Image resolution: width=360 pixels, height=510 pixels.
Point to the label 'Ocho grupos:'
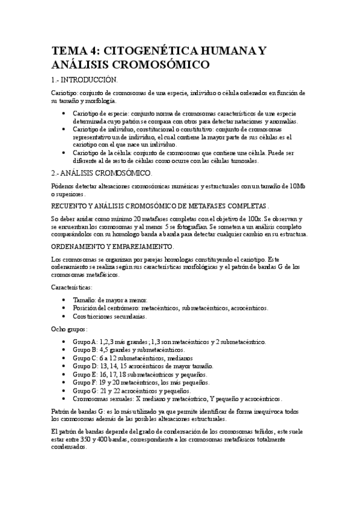coord(70,329)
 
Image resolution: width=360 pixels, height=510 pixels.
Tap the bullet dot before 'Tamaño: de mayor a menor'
coord(64,300)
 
